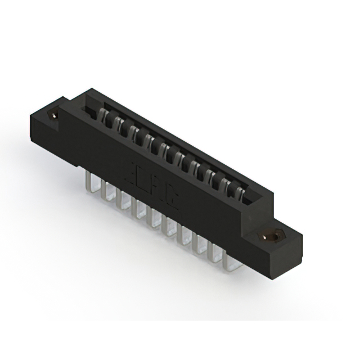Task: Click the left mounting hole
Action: tap(55, 115)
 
